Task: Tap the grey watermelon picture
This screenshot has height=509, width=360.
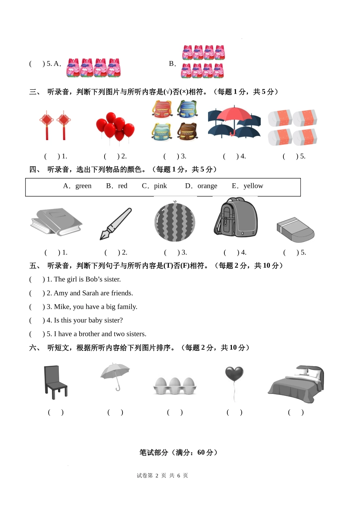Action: pos(175,221)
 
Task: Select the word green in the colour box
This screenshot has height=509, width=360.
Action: pos(83,186)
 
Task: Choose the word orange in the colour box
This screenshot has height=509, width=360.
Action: pos(207,186)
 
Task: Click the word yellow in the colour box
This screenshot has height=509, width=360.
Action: pos(253,186)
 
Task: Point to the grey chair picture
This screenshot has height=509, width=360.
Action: pos(55,382)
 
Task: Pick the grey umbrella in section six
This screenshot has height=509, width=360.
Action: pos(115,376)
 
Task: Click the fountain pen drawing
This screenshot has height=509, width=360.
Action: pos(116,224)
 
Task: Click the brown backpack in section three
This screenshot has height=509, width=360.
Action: pos(187,132)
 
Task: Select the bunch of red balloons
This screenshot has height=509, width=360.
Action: pos(115,127)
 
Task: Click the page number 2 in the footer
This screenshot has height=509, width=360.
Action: pos(157,476)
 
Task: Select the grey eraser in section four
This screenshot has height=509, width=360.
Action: pos(296,230)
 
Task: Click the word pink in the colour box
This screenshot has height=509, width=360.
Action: pos(160,186)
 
